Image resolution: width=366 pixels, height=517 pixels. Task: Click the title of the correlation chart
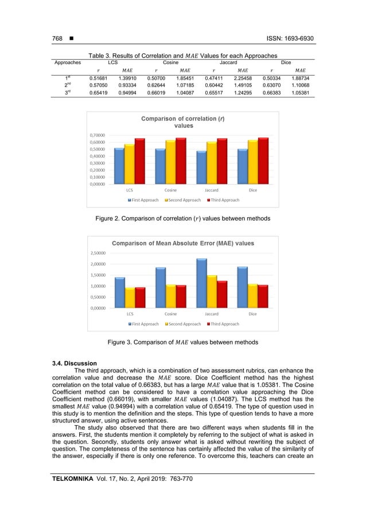point(183,122)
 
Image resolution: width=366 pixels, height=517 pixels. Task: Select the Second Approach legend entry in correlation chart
point(184,200)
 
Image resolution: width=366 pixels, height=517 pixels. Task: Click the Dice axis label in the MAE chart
point(252,314)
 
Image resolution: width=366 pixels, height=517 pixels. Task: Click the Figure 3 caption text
point(183,342)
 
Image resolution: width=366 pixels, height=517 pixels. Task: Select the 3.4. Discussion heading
point(72,362)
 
